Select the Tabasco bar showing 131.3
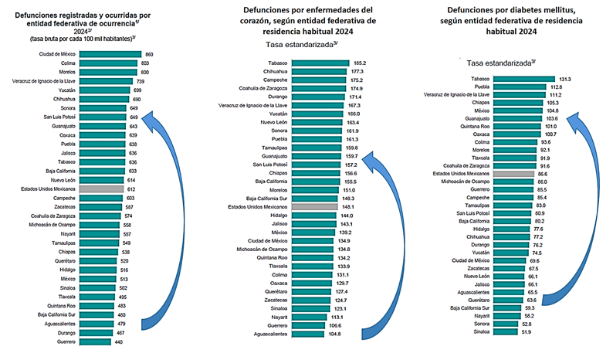(524, 78)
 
